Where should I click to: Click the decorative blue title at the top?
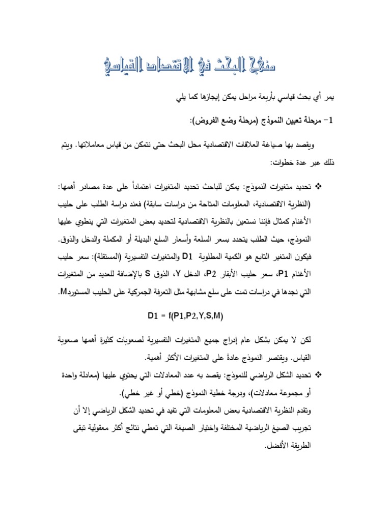[195, 64]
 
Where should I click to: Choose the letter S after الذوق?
[148, 274]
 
